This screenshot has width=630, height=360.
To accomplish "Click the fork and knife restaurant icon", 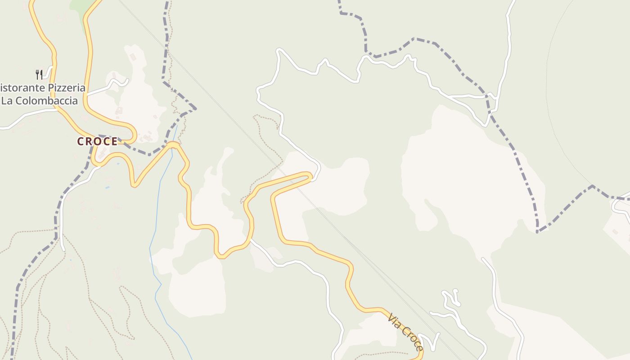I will (40, 74).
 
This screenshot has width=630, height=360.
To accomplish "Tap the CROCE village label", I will (97, 142).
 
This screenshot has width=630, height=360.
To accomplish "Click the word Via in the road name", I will (394, 321).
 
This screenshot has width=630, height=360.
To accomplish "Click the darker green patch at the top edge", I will (81, 6).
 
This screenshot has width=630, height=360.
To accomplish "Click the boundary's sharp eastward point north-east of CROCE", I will (195, 108).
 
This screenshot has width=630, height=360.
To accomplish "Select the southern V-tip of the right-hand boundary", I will (538, 232).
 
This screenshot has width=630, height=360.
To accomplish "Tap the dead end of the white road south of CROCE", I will (63, 250).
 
